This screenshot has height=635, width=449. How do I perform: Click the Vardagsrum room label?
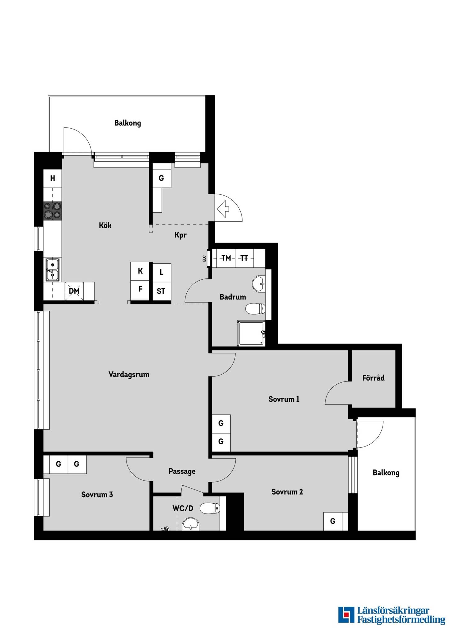(x=129, y=375)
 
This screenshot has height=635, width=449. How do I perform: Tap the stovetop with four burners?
(x=52, y=210)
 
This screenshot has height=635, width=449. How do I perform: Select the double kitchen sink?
(x=52, y=269)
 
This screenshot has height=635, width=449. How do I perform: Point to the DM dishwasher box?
(x=74, y=291)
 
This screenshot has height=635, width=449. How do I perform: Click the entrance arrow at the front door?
(x=223, y=209)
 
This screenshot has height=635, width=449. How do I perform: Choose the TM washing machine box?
(x=226, y=258)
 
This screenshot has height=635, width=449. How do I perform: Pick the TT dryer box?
(x=244, y=258)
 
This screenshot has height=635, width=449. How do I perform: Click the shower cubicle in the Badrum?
(x=251, y=333)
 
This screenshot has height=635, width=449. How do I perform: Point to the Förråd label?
(x=373, y=378)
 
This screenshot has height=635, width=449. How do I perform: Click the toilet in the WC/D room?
(x=210, y=508)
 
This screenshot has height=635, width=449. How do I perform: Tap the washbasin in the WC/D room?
(x=191, y=524)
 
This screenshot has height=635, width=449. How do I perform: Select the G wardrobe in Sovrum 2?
(x=333, y=521)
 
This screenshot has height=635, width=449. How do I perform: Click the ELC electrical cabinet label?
(x=204, y=258)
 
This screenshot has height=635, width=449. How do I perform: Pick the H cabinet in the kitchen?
(x=53, y=178)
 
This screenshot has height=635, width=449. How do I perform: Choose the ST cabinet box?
(x=161, y=291)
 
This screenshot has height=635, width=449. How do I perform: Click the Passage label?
(x=182, y=471)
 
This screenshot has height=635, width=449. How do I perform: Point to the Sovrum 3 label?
(x=97, y=495)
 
